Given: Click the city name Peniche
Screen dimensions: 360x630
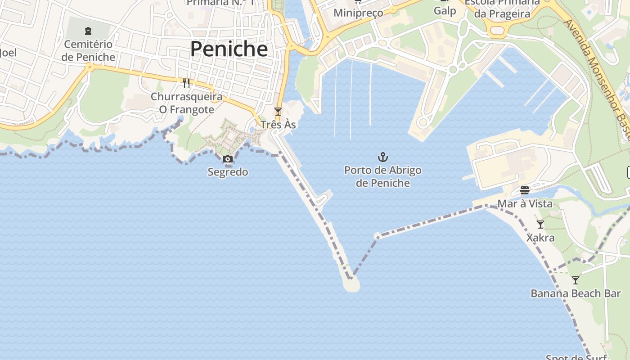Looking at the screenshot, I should point(229,49).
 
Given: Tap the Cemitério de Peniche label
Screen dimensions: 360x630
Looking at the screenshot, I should point(88,50).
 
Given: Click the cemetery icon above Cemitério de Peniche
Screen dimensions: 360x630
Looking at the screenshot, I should point(88,31).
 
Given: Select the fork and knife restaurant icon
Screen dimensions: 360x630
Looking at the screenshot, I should point(186,83).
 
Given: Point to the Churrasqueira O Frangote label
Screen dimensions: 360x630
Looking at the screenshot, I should point(186,103).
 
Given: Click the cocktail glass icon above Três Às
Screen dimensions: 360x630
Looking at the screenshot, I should point(278,112).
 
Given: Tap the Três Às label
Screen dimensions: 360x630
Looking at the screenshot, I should point(278,124).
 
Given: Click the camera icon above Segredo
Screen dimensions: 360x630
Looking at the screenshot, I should point(228,159).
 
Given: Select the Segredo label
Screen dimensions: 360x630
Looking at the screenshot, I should point(228,172).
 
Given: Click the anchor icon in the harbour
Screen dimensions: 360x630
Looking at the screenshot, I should point(382,157).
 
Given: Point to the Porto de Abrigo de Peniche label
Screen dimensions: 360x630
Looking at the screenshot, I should point(382,176).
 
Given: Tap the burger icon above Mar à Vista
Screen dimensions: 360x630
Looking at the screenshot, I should point(525,190).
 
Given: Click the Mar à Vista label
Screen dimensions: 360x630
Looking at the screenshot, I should point(525,204).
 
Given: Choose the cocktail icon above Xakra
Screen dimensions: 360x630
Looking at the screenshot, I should point(540,224).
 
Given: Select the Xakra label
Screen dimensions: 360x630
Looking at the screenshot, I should point(540,237).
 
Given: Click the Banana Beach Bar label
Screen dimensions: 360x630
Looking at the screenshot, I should point(576,293).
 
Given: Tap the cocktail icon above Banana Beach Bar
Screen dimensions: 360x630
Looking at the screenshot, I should point(576,280).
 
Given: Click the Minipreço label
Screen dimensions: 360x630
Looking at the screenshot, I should point(358,13).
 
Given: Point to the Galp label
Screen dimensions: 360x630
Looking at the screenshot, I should point(445,11).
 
